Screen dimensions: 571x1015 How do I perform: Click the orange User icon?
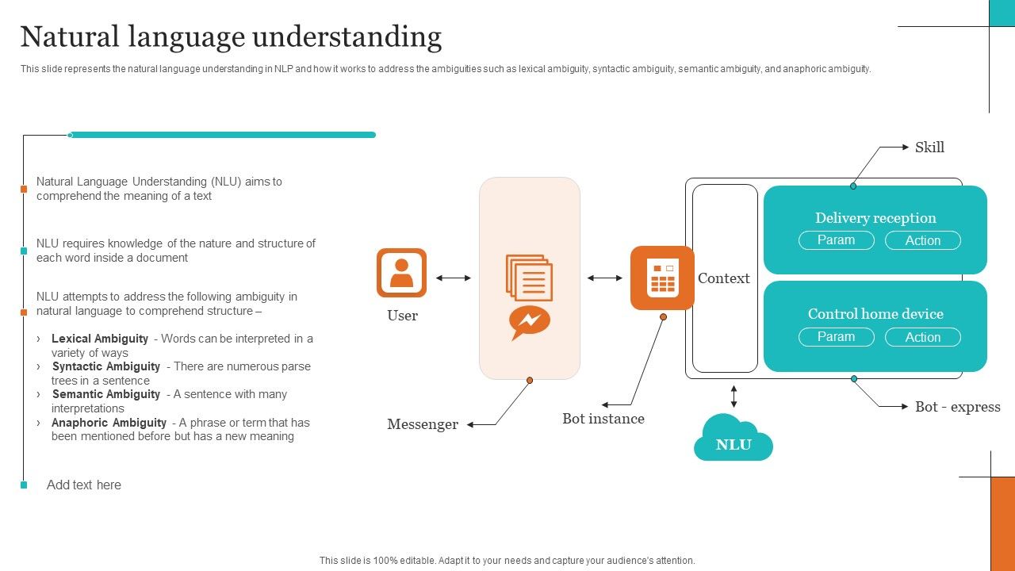401,273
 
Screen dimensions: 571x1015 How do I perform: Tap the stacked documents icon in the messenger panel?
529,278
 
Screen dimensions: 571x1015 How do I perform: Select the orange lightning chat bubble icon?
529,322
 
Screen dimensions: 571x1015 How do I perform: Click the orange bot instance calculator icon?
662,278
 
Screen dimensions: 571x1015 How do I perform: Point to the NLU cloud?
733,440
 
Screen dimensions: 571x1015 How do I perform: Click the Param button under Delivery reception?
836,240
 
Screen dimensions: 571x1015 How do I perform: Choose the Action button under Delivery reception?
922,240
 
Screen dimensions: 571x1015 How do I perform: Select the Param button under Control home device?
836,337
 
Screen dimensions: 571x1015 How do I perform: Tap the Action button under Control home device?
922,337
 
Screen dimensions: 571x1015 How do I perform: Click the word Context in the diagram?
723,278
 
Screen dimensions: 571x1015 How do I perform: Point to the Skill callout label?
929,148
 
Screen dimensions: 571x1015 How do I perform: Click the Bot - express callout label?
957,407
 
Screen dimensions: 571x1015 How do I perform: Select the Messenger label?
423,424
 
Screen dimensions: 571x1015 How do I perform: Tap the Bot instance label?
603,419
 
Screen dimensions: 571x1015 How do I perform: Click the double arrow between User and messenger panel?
453,278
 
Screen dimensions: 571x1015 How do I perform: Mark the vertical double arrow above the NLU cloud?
733,396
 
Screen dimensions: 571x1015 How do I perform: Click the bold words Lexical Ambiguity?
100,339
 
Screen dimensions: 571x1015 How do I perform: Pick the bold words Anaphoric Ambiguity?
109,423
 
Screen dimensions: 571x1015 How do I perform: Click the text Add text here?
84,485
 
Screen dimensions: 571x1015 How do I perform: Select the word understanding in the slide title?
347,37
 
